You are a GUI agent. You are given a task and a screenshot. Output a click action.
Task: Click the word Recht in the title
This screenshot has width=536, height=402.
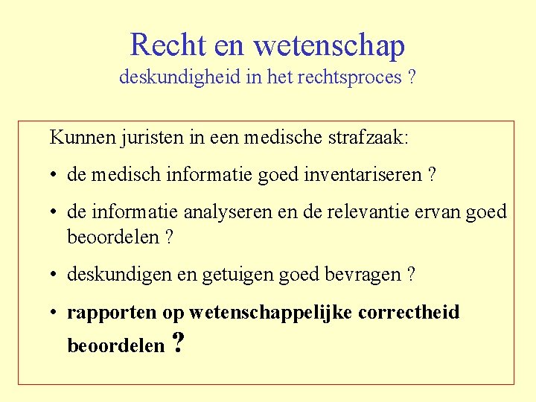[x=168, y=45]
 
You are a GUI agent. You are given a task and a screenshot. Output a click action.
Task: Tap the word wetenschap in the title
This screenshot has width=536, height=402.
[x=329, y=46]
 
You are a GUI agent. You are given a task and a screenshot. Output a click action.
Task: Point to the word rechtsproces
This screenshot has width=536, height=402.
[x=350, y=78]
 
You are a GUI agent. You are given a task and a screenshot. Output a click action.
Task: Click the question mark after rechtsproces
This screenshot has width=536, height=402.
[x=412, y=78]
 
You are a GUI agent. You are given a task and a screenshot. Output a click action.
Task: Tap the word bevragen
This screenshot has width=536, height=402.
[x=364, y=275]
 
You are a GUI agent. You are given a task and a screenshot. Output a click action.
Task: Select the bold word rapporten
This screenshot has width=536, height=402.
[x=112, y=313]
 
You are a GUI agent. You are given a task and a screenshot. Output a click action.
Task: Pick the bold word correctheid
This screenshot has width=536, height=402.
[x=409, y=313]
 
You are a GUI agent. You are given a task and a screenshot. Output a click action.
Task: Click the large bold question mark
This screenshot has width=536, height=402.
[x=177, y=343]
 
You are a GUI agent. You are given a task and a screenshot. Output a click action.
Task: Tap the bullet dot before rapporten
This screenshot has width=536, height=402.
[x=55, y=313]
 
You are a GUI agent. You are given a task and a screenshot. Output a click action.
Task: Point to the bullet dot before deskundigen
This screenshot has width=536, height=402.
[x=55, y=275]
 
